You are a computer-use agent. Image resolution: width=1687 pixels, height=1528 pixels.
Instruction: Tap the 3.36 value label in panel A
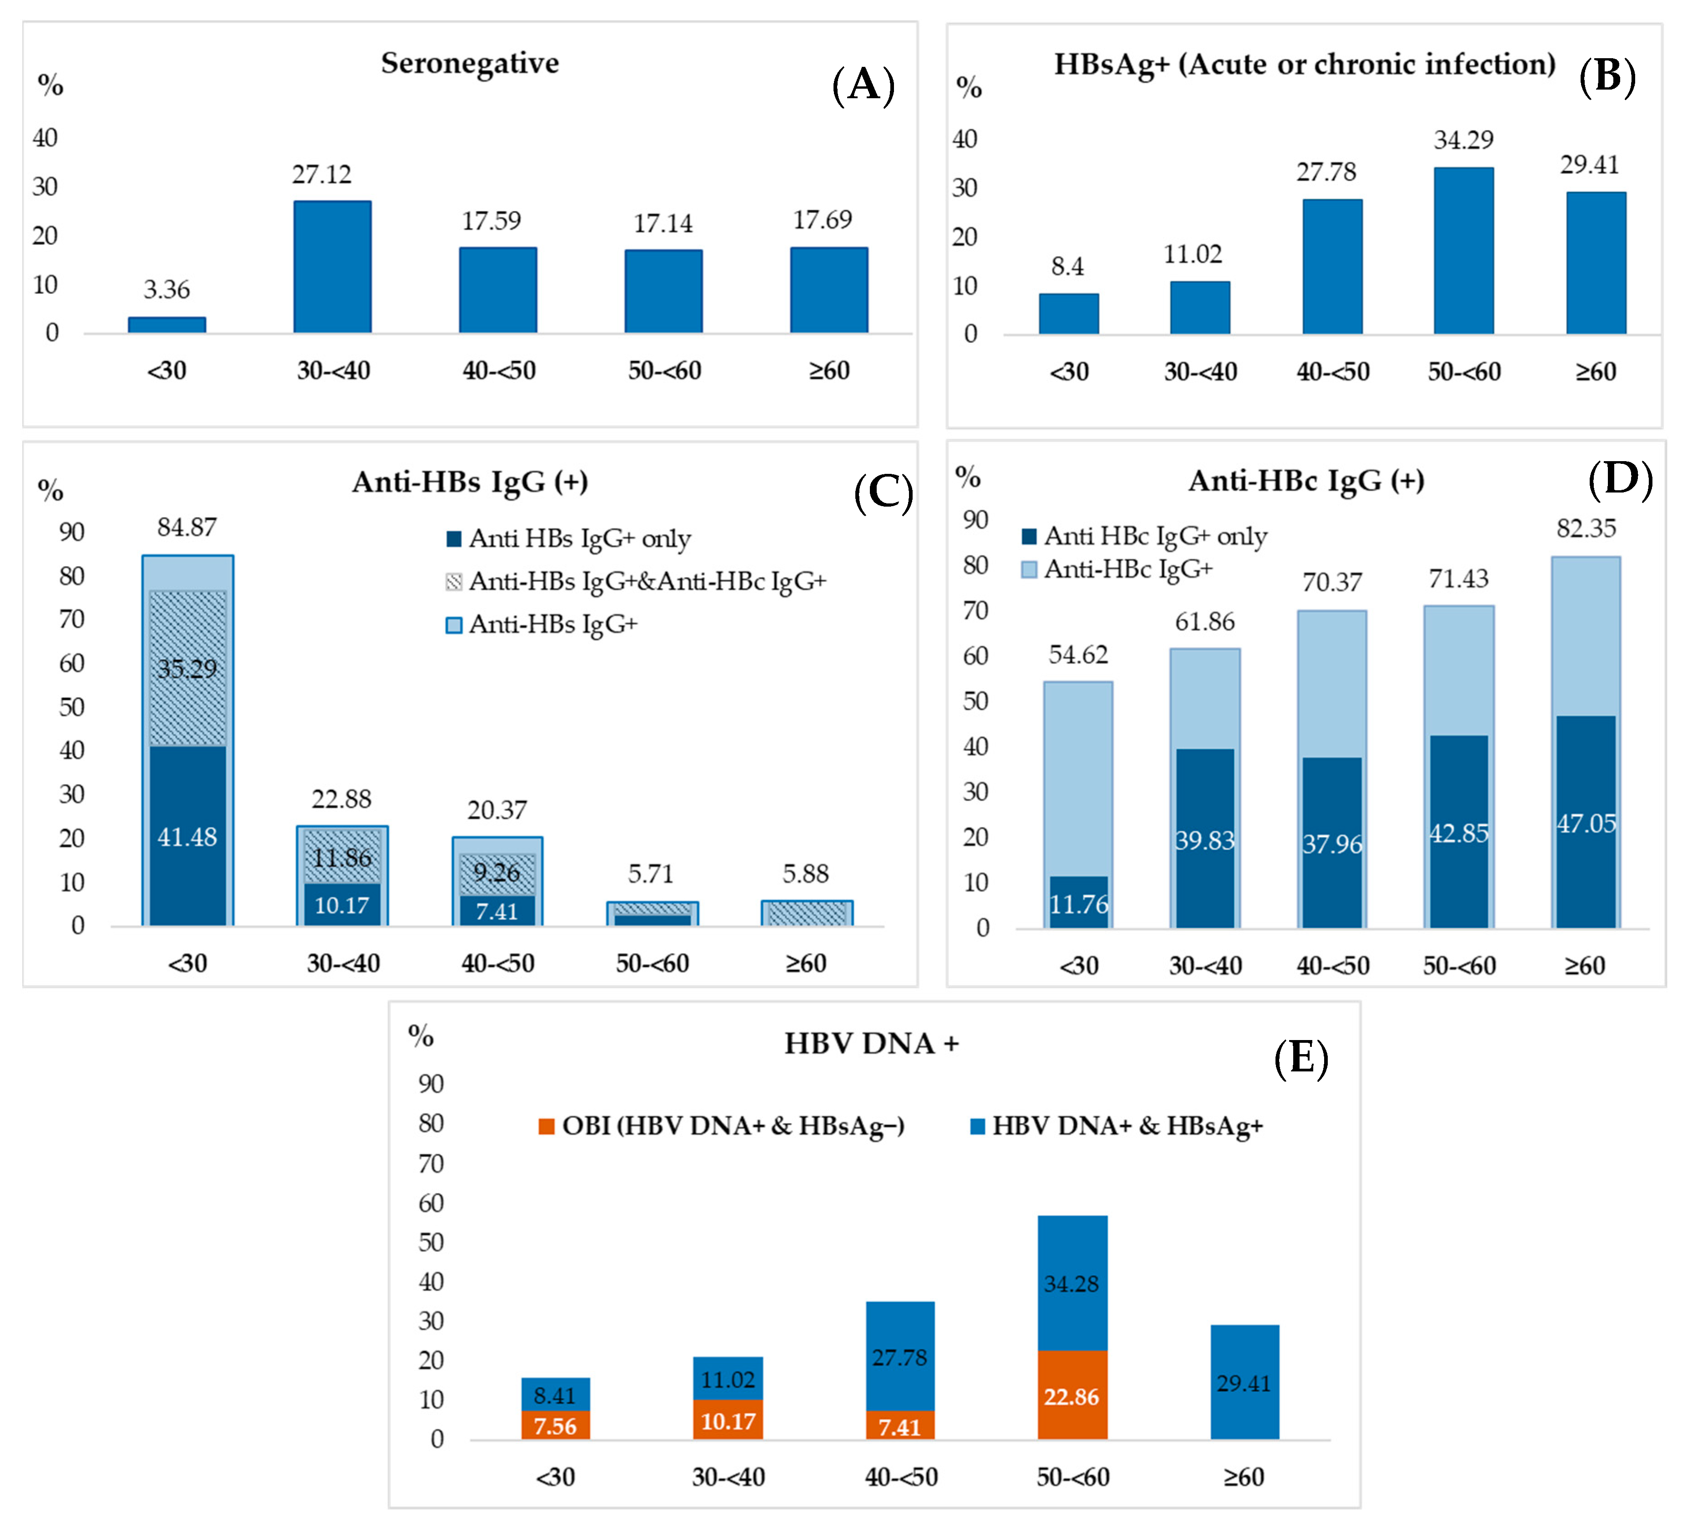click(x=166, y=290)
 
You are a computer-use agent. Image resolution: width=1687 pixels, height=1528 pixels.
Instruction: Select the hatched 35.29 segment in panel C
click(x=187, y=668)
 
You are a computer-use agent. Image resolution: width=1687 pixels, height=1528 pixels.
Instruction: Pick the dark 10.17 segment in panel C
click(x=341, y=905)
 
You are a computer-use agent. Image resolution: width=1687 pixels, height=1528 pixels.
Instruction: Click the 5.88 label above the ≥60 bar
click(x=805, y=874)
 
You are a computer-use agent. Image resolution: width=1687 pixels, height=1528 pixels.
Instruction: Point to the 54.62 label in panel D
click(x=1078, y=654)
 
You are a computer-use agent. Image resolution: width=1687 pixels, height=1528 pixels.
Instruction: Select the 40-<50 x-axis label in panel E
click(x=900, y=1477)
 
